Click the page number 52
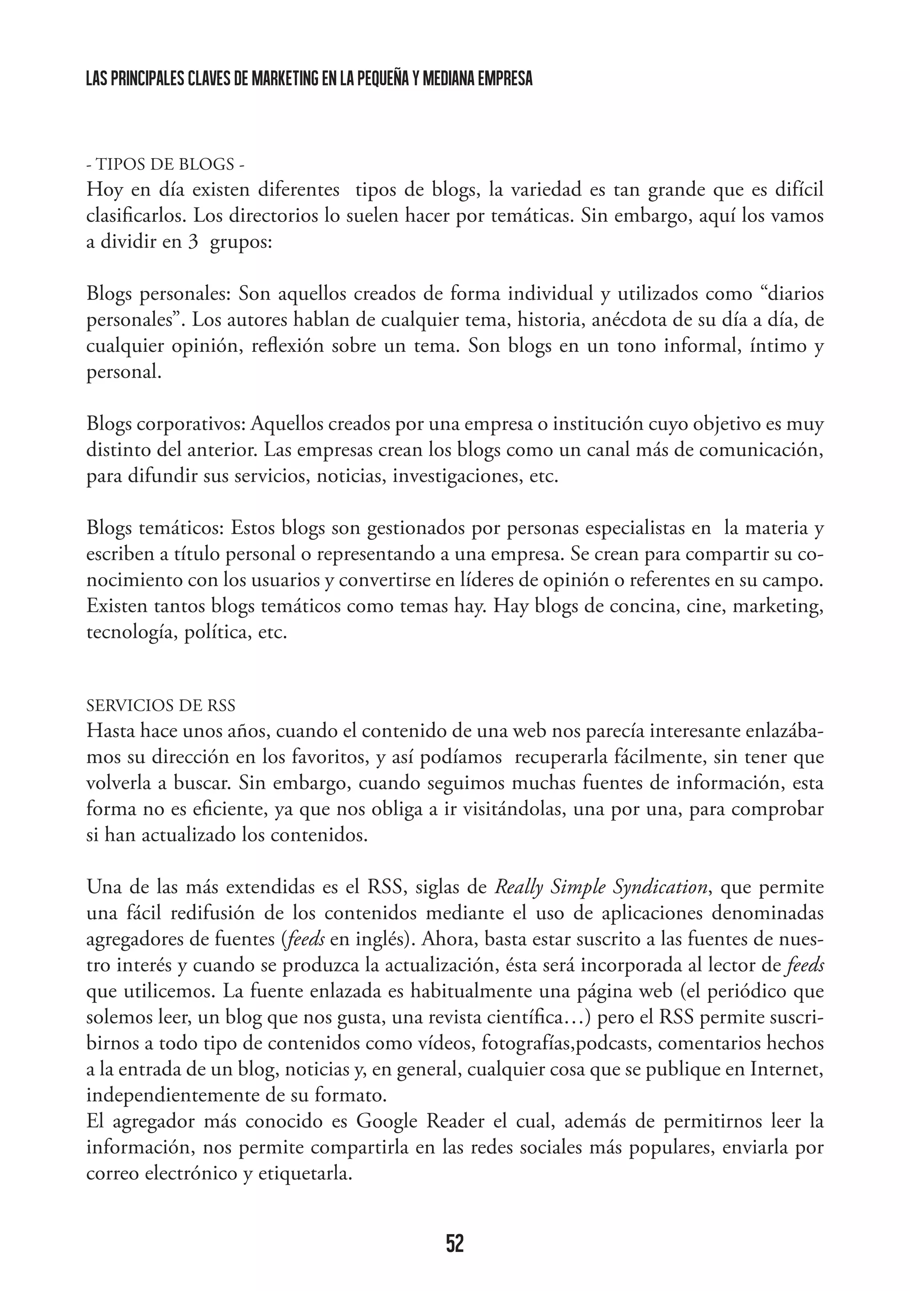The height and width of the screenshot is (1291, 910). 455,1227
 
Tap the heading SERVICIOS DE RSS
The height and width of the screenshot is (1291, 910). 161,705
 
